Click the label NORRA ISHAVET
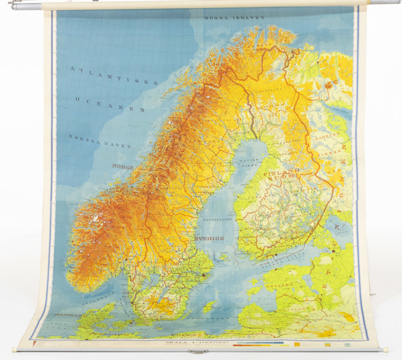point(234,18)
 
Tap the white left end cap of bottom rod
point(17,347)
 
